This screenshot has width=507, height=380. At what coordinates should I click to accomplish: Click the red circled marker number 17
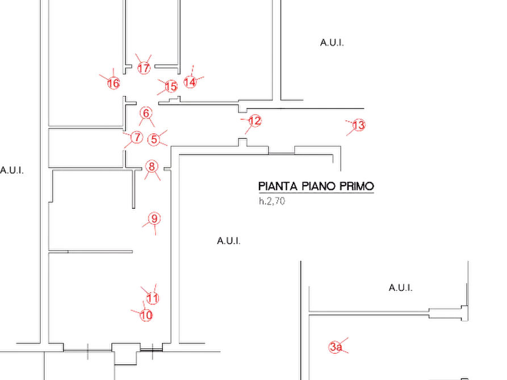tap(144, 68)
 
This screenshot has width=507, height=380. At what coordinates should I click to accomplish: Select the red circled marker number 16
tap(114, 83)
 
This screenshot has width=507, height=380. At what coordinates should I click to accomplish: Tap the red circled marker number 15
tap(171, 86)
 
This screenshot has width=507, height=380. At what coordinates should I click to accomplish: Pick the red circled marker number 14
tap(190, 82)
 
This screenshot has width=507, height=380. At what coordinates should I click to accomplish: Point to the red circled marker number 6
tap(146, 113)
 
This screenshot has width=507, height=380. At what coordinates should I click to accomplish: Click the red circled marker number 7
tap(137, 137)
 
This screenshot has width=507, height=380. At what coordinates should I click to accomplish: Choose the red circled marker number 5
tap(154, 140)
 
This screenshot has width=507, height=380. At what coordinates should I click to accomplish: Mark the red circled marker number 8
tap(152, 166)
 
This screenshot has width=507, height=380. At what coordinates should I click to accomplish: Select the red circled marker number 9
tap(154, 219)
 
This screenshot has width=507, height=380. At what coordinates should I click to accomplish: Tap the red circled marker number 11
tap(153, 298)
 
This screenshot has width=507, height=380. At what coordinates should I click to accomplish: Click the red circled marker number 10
tap(146, 315)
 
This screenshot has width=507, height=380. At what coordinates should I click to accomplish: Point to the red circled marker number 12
tap(255, 121)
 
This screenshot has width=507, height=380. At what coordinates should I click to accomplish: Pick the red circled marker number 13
tap(359, 125)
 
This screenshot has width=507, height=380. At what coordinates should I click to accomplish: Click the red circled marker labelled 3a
tap(336, 347)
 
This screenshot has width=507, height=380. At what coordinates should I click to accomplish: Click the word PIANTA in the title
tap(278, 186)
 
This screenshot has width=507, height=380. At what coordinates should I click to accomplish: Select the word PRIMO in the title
tap(357, 186)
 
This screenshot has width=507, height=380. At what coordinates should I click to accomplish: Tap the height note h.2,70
tap(272, 201)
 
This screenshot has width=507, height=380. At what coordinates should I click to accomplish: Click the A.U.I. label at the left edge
tap(12, 170)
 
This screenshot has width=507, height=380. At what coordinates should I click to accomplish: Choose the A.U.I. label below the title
tap(229, 240)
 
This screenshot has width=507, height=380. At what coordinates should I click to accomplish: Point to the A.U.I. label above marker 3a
tap(400, 288)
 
